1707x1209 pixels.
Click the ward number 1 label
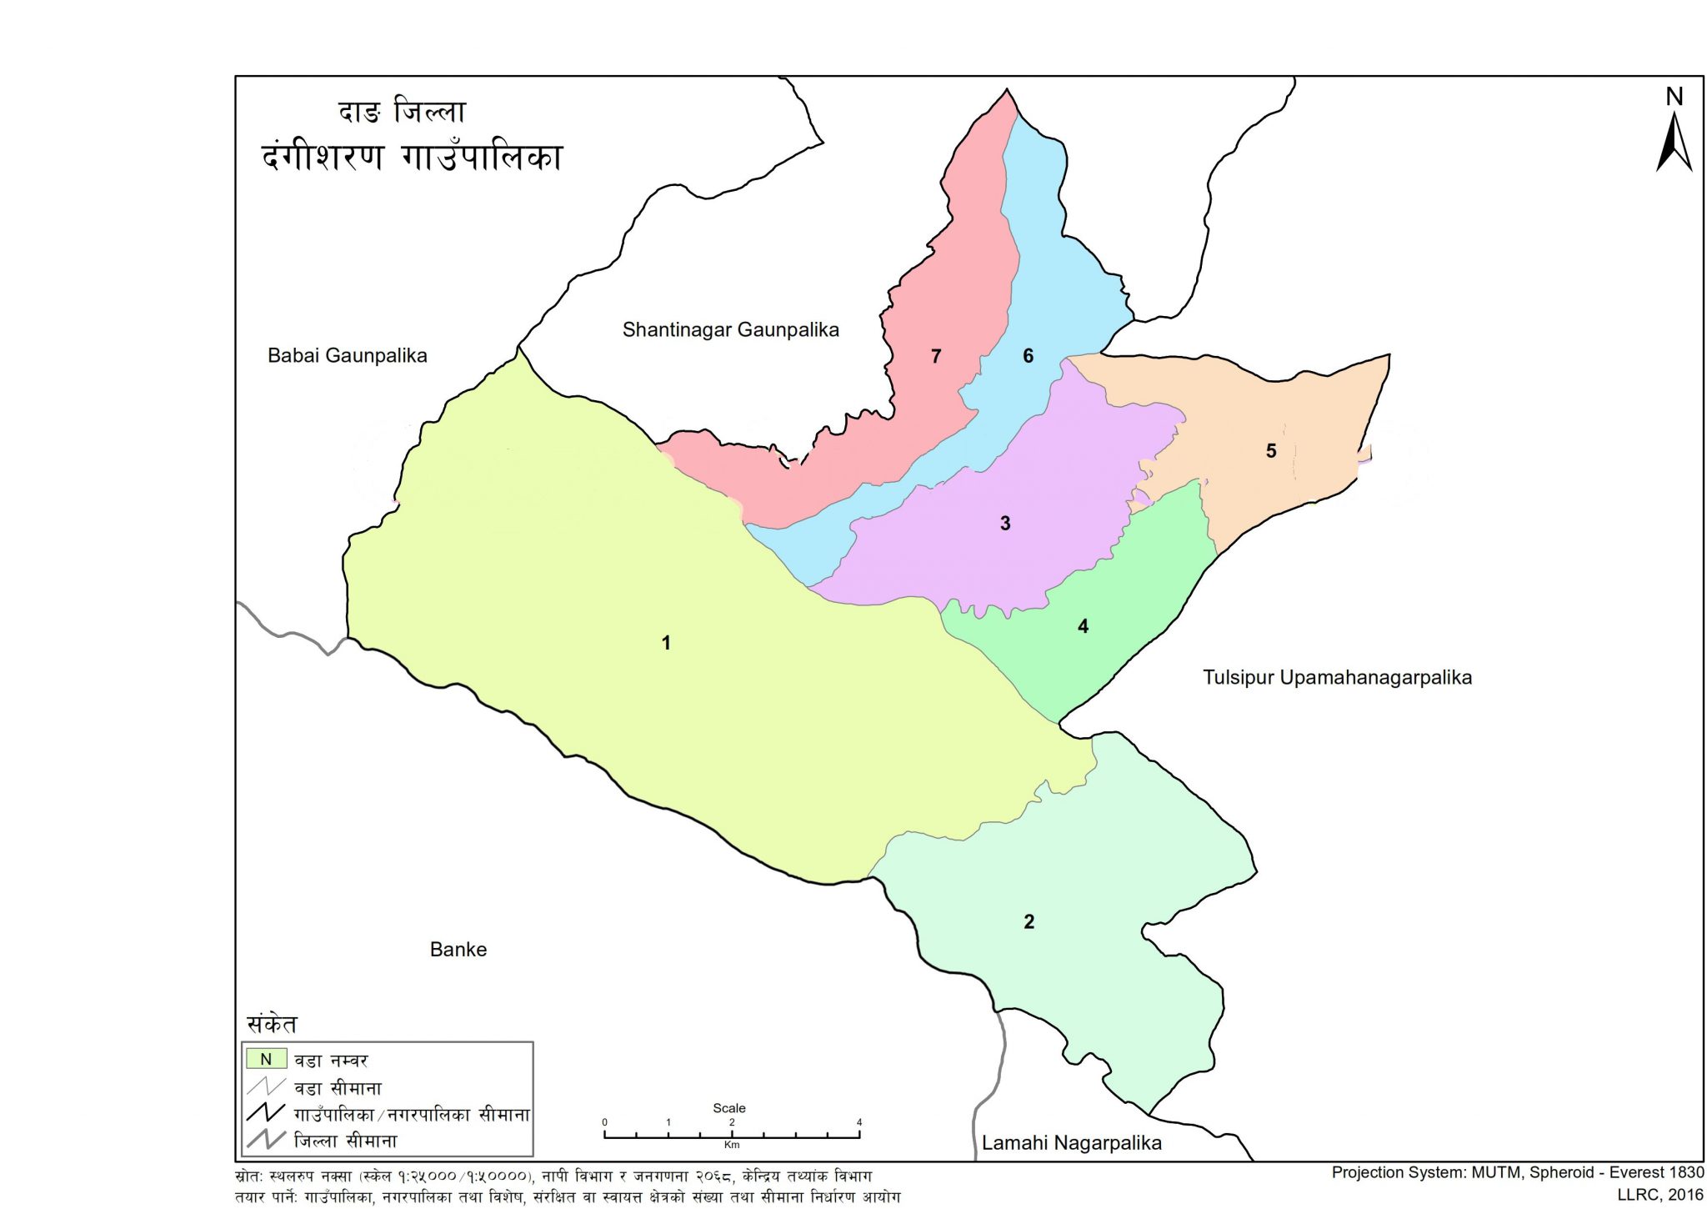(666, 643)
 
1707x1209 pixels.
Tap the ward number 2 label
(1029, 921)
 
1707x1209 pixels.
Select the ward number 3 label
(1005, 524)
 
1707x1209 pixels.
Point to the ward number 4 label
(1083, 626)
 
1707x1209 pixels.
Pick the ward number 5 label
(1271, 451)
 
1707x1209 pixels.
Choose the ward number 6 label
(1028, 356)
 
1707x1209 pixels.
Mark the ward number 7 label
(936, 357)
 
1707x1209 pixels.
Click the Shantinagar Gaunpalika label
(730, 330)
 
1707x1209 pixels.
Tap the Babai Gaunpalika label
(347, 356)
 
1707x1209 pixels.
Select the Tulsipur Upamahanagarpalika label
(1337, 678)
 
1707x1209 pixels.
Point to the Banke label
(458, 950)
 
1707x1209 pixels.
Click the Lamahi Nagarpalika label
(1071, 1143)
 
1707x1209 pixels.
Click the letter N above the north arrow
(1674, 98)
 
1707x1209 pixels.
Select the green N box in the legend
(266, 1060)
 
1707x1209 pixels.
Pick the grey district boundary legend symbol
(266, 1140)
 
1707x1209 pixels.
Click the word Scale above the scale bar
(728, 1108)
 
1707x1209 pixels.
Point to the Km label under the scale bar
(731, 1145)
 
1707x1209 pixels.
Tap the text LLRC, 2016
(1660, 1195)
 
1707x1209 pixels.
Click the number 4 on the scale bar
(859, 1122)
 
